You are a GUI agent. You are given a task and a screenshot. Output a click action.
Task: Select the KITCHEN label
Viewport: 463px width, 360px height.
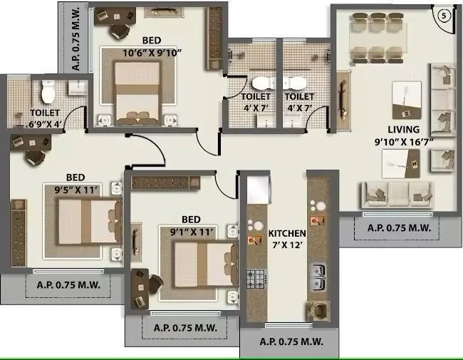[287, 233]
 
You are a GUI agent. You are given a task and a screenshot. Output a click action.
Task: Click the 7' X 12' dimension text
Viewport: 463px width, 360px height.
[287, 245]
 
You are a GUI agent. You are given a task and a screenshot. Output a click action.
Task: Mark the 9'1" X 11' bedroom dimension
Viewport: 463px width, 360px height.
[189, 230]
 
